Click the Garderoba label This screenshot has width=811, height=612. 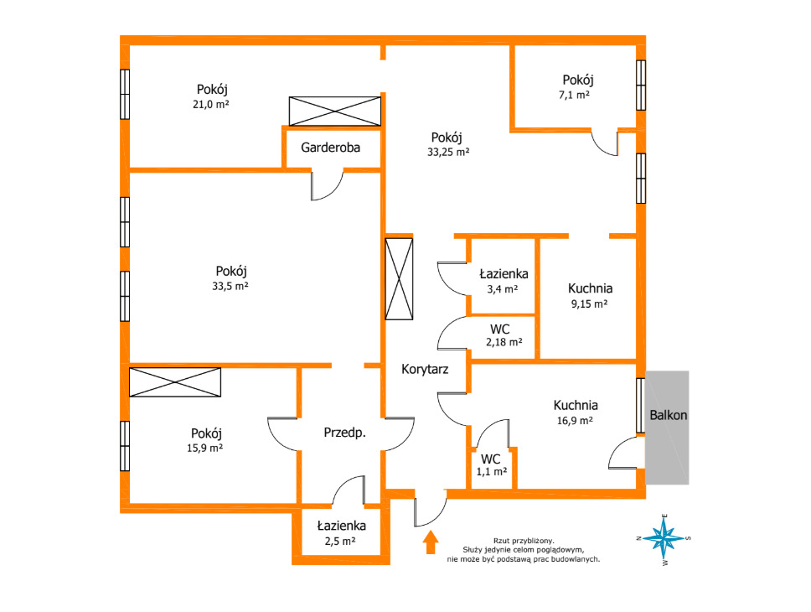click(330, 148)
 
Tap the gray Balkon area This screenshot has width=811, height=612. click(667, 428)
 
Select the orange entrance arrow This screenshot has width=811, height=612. click(431, 542)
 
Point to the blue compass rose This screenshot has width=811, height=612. click(664, 539)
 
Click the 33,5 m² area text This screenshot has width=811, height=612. click(230, 286)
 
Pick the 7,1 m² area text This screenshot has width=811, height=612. click(574, 95)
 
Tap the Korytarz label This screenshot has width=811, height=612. click(425, 369)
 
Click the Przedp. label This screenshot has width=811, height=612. click(344, 433)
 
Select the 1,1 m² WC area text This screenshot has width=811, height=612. click(491, 472)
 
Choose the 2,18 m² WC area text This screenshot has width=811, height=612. click(504, 342)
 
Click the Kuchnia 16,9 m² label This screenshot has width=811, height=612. click(575, 406)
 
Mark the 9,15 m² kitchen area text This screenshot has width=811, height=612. click(589, 304)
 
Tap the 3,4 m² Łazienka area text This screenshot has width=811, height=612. click(502, 289)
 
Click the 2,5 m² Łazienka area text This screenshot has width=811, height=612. click(340, 541)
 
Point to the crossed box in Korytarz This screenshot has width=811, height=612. click(399, 278)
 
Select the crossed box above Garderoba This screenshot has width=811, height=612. click(335, 111)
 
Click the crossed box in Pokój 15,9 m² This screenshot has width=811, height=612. click(175, 382)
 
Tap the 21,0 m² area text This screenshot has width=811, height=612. click(211, 104)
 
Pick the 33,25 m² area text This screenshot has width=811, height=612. click(448, 153)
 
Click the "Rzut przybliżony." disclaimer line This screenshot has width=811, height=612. click(524, 541)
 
